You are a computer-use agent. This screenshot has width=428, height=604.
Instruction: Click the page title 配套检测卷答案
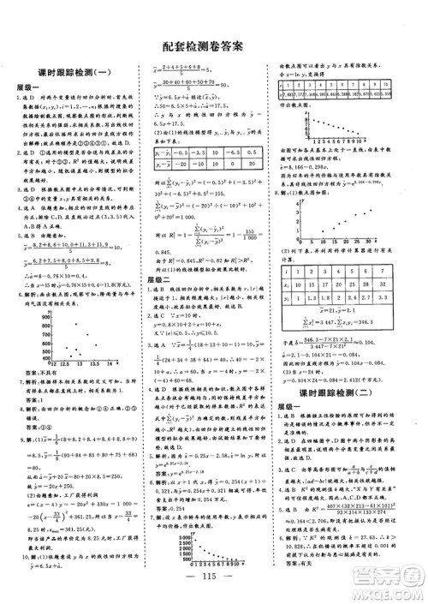point(213,48)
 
